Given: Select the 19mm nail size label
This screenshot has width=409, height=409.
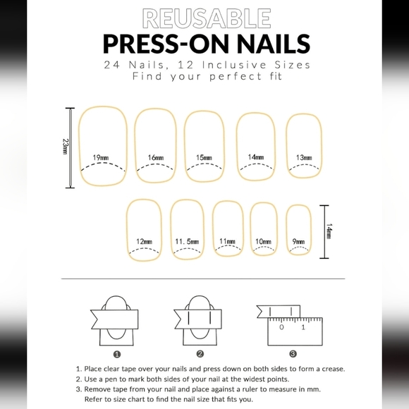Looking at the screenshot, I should pos(100,157).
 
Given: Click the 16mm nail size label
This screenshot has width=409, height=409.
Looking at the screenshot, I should pos(157,157).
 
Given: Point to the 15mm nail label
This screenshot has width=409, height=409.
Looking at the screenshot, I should pos(204,157).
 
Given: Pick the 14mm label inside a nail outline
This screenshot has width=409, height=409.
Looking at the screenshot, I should pos(256,157).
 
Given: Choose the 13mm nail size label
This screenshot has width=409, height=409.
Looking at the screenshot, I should pos(304,157).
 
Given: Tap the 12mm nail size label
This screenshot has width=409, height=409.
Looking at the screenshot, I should pos(144,242).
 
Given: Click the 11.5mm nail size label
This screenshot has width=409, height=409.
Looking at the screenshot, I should pos(187,242).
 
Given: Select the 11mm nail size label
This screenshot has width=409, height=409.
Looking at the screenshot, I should pos(227,242).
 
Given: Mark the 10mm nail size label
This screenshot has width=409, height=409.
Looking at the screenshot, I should pos(264,242).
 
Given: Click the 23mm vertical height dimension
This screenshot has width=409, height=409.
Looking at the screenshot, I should pos(65,148).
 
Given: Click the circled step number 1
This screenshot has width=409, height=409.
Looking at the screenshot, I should pos(117,354).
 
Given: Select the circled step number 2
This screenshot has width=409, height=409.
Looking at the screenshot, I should pos(200,354).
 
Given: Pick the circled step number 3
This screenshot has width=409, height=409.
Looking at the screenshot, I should pos(293,354).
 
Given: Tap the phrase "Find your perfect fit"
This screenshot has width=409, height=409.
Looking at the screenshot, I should pos(204,75).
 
